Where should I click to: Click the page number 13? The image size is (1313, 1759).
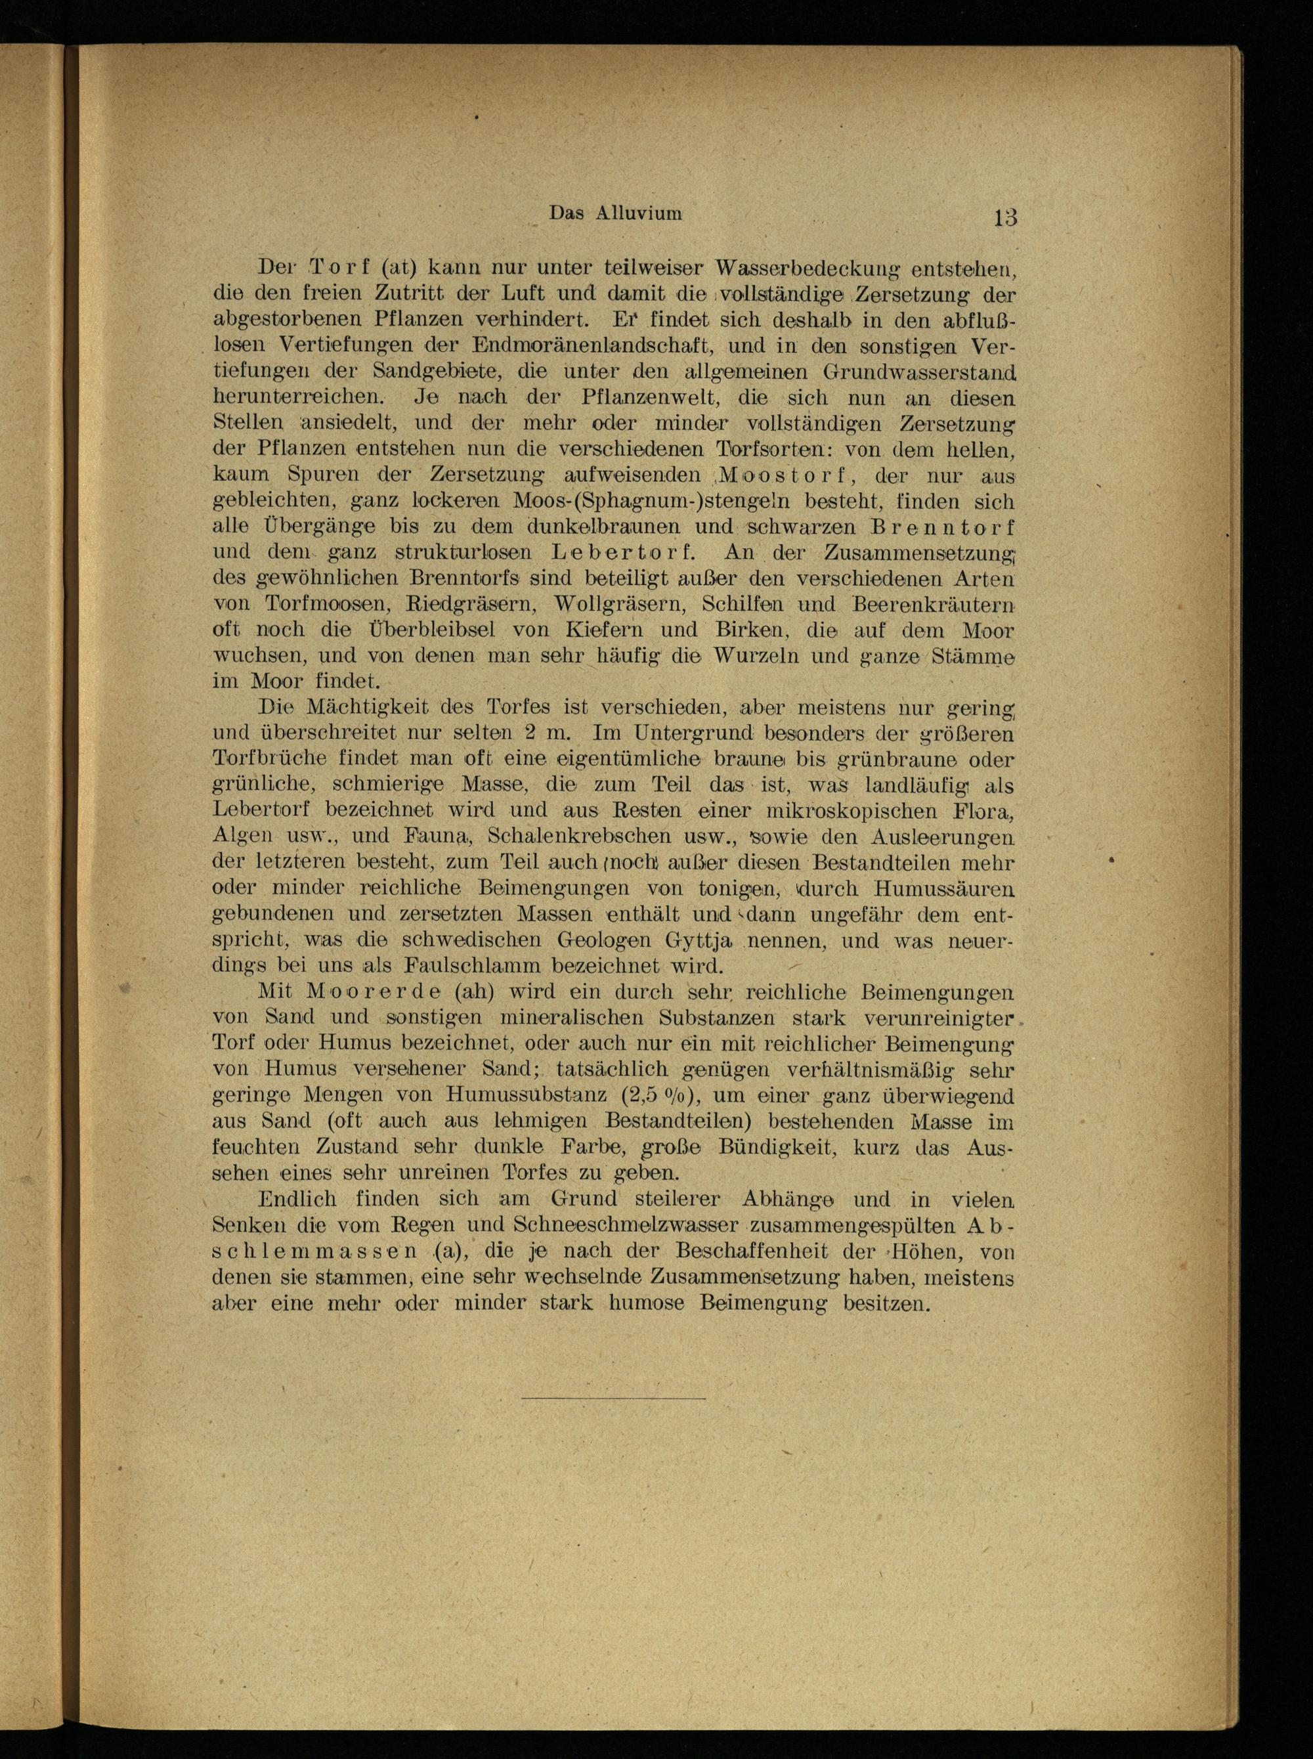click(x=1004, y=217)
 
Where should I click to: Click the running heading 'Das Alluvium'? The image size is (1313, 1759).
click(x=616, y=213)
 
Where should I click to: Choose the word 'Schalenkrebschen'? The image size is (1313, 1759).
click(x=584, y=836)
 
